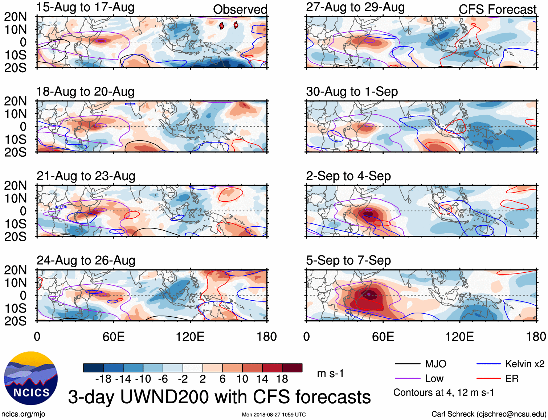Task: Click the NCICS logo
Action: (x=31, y=378)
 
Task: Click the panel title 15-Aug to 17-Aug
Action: (x=85, y=7)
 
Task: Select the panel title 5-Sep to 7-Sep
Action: (x=348, y=260)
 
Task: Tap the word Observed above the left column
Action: (x=240, y=9)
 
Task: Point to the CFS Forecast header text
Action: (x=497, y=9)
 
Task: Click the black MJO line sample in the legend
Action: (x=407, y=364)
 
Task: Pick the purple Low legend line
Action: (x=407, y=379)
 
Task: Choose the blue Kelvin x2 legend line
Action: (x=488, y=364)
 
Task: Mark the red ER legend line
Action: (x=488, y=379)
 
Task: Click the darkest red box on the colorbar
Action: (x=292, y=368)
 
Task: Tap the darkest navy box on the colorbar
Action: (x=93, y=368)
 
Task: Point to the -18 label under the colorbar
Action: (x=103, y=379)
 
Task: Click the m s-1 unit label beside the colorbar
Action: (x=330, y=374)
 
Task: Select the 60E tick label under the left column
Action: (x=114, y=337)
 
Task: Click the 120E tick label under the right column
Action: (x=459, y=337)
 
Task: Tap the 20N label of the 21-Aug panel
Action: (x=15, y=186)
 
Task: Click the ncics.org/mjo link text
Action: (x=23, y=414)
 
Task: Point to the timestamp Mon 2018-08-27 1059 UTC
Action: (x=274, y=415)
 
